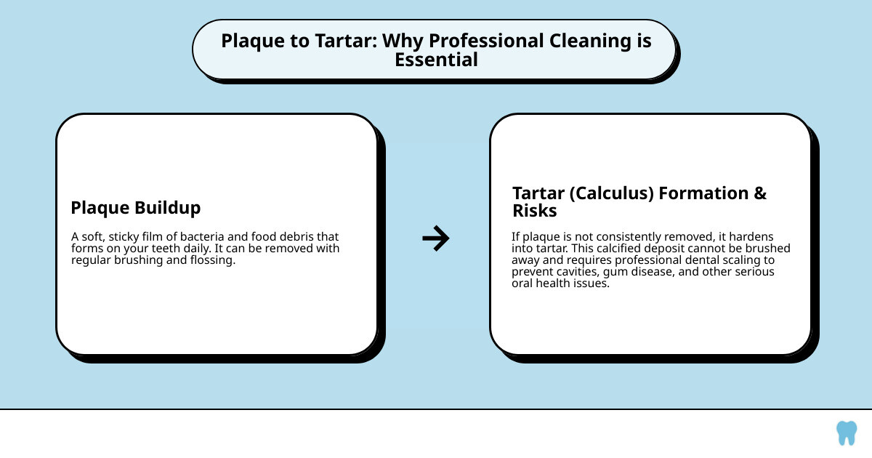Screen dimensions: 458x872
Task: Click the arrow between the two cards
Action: point(435,238)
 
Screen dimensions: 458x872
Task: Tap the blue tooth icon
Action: point(846,433)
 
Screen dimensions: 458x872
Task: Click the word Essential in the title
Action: point(436,60)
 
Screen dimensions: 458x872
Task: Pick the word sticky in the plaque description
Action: point(128,237)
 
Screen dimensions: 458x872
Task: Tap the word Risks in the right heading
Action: point(535,212)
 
